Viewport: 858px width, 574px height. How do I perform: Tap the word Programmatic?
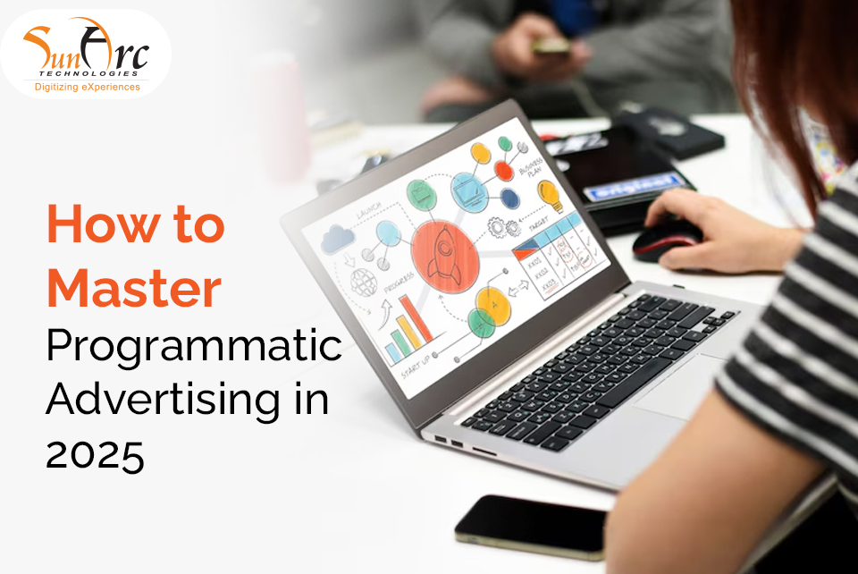pyautogui.click(x=194, y=346)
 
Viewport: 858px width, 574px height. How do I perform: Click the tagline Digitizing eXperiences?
pyautogui.click(x=87, y=87)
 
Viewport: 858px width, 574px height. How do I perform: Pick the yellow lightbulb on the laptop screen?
pyautogui.click(x=550, y=192)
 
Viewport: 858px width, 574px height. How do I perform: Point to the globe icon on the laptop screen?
pyautogui.click(x=364, y=283)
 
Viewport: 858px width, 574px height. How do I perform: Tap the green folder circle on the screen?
pyautogui.click(x=420, y=192)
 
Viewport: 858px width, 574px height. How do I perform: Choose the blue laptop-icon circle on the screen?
pyautogui.click(x=468, y=186)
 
